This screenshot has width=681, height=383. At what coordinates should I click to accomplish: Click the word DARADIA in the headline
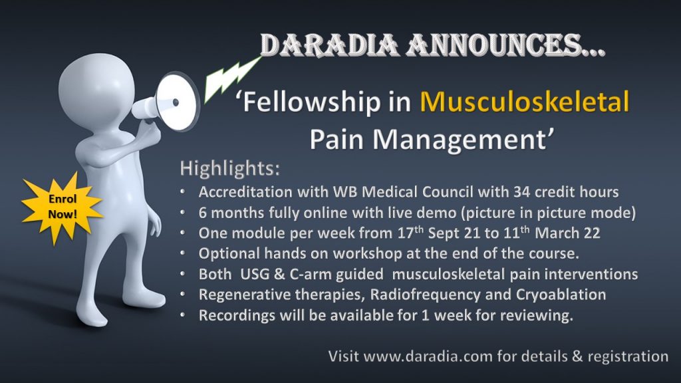[330, 45]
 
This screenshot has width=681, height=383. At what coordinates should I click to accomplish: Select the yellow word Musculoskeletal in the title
[525, 101]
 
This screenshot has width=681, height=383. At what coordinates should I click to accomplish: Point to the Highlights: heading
[230, 168]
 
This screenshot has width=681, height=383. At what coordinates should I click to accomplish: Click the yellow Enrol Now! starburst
[62, 207]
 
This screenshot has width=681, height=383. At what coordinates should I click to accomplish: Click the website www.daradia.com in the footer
[428, 356]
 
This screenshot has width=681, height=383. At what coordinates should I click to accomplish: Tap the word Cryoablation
[561, 295]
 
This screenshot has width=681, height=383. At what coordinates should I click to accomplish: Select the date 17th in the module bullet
[410, 233]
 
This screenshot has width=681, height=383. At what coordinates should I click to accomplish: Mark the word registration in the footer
[628, 357]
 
